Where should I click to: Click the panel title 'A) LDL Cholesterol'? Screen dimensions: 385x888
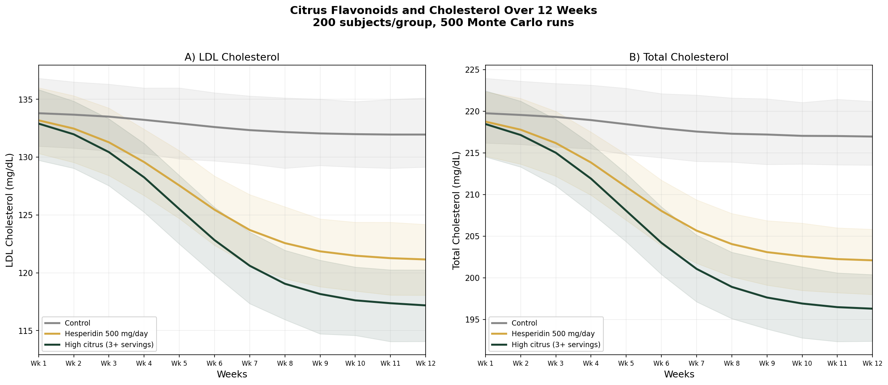pos(232,57)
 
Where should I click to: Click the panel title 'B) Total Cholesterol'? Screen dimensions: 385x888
pos(678,57)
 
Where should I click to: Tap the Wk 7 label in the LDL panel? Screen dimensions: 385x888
pos(249,364)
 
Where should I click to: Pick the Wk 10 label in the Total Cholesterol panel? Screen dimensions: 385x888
pos(802,364)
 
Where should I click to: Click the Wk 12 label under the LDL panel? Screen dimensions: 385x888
pos(425,364)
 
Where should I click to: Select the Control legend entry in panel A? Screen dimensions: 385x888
pos(77,323)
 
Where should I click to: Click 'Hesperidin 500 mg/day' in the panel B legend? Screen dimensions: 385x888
pos(553,334)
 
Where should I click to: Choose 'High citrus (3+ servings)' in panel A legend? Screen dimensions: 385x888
pos(109,344)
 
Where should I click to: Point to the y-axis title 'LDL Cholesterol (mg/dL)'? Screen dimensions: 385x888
pos(10,210)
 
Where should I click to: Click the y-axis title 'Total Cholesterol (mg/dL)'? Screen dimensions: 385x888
pos(456,210)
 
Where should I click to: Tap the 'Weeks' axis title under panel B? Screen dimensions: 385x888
pos(679,374)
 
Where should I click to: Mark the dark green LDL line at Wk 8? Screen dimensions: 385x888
pos(285,284)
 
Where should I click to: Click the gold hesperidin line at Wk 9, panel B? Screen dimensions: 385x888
pos(767,252)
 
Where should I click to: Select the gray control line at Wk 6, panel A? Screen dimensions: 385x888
pos(215,127)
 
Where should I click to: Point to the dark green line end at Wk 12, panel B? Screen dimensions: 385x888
pos(871,309)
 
